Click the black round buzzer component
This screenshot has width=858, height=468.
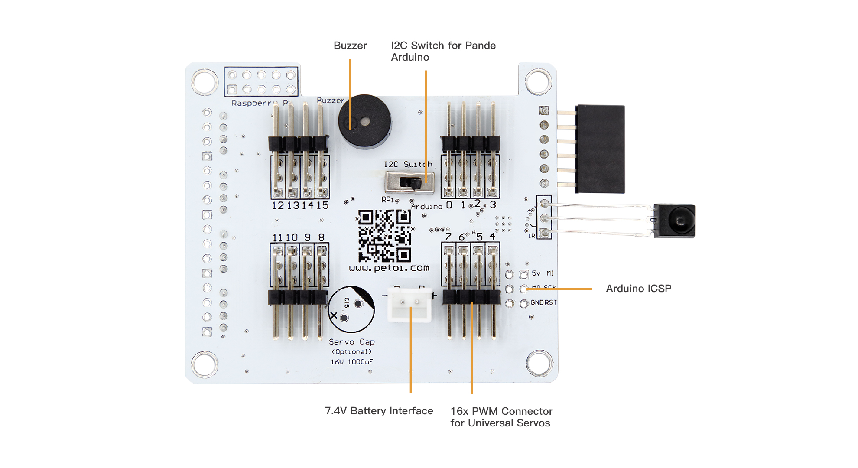point(365,121)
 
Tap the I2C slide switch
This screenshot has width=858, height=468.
point(409,182)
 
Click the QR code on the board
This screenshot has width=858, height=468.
point(384,236)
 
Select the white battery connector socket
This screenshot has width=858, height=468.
point(409,305)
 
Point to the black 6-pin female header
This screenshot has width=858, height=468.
point(600,149)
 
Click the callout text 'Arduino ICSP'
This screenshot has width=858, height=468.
point(638,289)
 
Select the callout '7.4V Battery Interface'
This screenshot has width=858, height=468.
point(379,411)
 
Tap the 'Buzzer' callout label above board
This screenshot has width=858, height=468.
point(350,45)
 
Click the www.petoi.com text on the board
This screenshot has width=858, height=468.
point(389,268)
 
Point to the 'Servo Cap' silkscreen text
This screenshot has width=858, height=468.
point(351,342)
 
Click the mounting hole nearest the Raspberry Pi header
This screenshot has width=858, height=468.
point(205,81)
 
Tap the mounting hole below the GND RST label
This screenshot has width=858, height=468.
point(539,363)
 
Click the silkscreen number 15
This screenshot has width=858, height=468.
point(322,205)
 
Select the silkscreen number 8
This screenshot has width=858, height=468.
point(321,237)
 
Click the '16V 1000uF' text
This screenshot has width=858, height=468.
point(352,362)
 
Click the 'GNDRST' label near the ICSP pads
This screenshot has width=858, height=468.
point(543,302)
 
